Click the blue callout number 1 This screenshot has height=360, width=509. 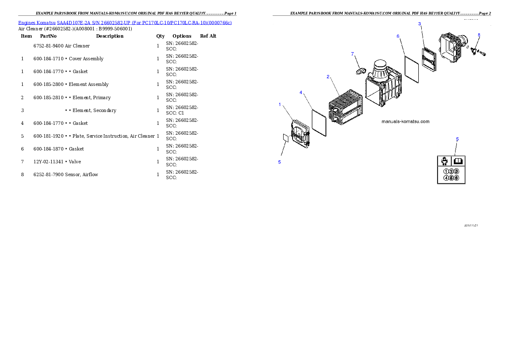click(280, 104)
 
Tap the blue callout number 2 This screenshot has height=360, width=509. click(328, 77)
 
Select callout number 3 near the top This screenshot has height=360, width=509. click(420, 24)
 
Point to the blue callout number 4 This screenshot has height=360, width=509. click(301, 92)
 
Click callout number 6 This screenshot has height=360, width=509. click(398, 36)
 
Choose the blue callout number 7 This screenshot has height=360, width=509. click(352, 54)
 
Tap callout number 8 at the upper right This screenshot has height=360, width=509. click(479, 35)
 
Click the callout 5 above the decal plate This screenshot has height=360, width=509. click(457, 139)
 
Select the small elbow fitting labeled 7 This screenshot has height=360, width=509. click(361, 70)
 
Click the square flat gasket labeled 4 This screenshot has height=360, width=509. click(319, 122)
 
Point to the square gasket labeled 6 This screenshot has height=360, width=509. click(411, 68)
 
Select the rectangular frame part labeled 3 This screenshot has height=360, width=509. click(429, 59)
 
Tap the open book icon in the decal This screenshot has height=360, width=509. click(458, 161)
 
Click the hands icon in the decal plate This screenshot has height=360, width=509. click(445, 161)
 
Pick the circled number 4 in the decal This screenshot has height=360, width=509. click(446, 178)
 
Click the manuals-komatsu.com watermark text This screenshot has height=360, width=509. click(405, 121)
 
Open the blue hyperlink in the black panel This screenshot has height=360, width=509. click(125, 22)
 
